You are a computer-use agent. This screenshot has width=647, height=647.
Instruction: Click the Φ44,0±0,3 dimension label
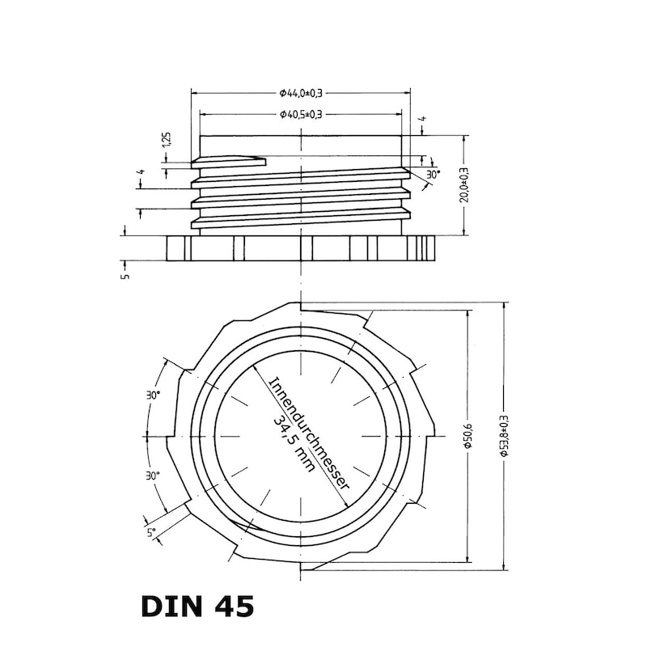301,93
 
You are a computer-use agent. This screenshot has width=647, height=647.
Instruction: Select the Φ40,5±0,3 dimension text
301,114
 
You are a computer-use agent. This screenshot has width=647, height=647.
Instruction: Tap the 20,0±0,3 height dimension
464,185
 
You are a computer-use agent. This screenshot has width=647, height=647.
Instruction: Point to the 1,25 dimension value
167,140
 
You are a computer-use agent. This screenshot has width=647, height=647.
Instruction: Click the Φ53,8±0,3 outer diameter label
504,436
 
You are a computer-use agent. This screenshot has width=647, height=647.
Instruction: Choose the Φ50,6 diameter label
469,436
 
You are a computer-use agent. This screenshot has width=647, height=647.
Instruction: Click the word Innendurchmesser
310,433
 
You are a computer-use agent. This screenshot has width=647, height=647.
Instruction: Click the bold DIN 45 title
197,606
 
